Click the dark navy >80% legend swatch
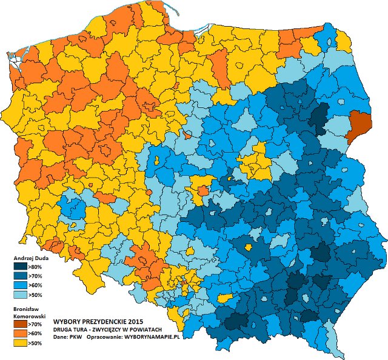[x=19, y=267]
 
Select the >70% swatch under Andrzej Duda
[x=19, y=276]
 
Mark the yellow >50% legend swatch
[x=19, y=343]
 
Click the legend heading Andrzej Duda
[x=27, y=258]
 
